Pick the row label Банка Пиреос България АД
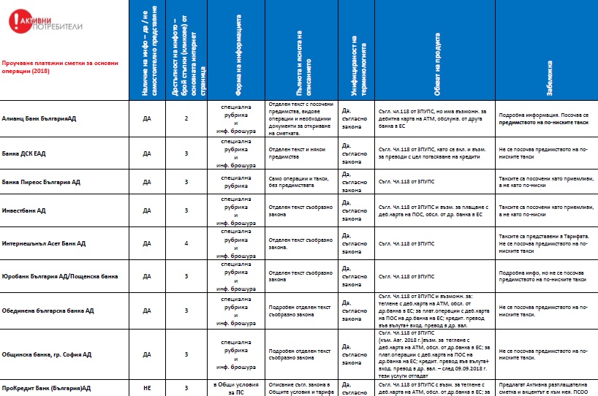coord(41,182)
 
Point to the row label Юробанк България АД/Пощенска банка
coord(60,277)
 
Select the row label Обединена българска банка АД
coord(48,311)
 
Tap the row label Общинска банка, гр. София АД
coord(47,354)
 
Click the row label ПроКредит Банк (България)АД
coord(45,387)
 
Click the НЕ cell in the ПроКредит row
coord(147,387)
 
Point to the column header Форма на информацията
coord(239,55)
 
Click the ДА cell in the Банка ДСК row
coord(147,154)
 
